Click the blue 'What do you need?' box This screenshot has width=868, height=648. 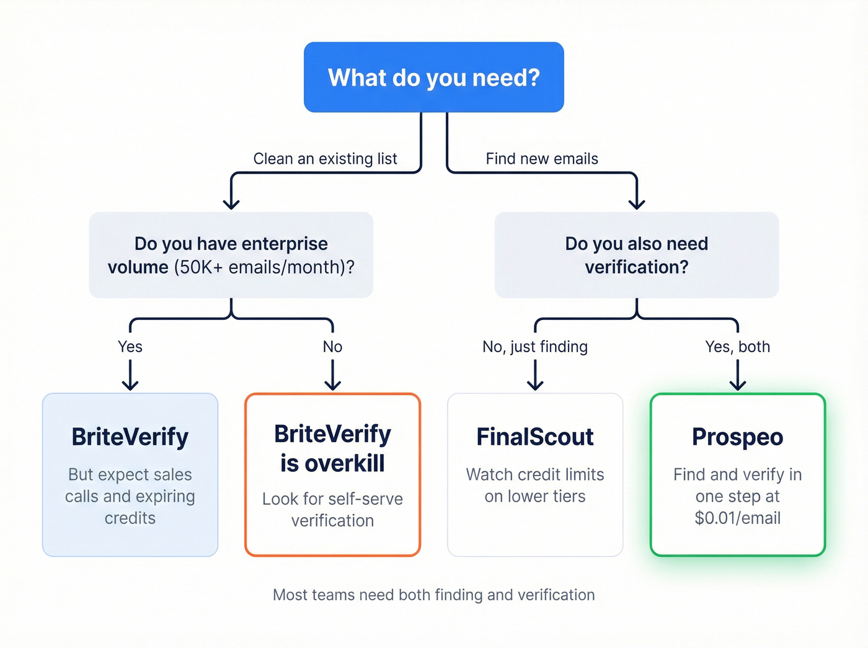tap(433, 78)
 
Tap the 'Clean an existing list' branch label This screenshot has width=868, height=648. tap(325, 159)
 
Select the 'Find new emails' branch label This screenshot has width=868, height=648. tap(542, 159)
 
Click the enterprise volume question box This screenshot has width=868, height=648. tap(231, 255)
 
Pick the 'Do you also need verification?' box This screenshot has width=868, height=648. tap(636, 255)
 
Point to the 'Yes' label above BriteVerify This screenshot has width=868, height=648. tap(130, 347)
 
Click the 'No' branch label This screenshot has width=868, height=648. tap(332, 347)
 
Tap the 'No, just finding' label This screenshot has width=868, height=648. tap(535, 347)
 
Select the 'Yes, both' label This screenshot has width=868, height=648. tap(737, 347)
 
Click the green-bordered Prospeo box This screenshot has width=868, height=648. tap(737, 474)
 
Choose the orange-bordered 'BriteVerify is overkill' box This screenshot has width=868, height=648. tap(332, 474)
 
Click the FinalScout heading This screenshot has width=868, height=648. tap(535, 437)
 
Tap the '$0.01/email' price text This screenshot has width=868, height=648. tap(737, 518)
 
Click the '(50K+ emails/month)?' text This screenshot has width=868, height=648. tap(264, 267)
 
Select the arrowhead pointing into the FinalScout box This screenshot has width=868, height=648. tap(535, 385)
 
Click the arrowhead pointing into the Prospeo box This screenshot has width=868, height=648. tap(737, 385)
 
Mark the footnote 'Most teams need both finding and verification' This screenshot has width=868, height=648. tap(433, 595)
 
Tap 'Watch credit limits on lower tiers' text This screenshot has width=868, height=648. tap(535, 485)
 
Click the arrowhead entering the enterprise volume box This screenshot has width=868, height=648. tap(231, 204)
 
